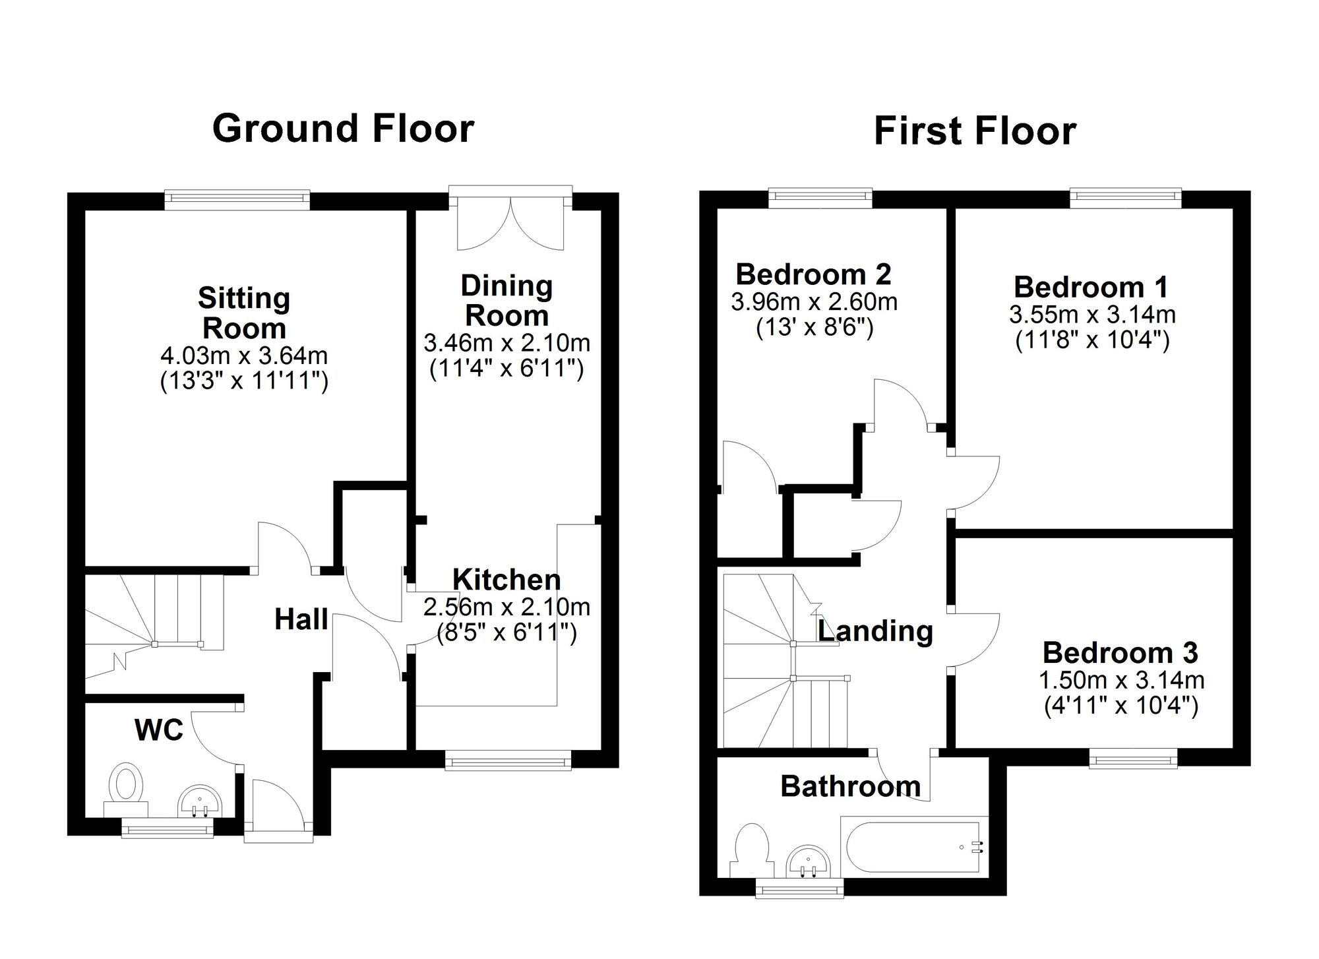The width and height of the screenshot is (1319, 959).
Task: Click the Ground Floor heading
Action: (x=343, y=128)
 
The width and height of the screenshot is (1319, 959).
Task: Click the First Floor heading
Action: (x=975, y=131)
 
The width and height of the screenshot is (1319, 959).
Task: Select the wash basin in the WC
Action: (x=200, y=801)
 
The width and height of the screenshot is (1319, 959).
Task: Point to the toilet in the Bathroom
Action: (x=752, y=850)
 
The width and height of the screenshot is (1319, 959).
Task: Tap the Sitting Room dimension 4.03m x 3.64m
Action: (x=244, y=356)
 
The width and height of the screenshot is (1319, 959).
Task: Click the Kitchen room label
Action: (x=506, y=580)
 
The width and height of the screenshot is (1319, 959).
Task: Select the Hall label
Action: (x=301, y=619)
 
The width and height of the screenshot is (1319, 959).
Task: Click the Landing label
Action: (x=875, y=631)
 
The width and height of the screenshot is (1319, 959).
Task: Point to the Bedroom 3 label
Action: (x=1120, y=653)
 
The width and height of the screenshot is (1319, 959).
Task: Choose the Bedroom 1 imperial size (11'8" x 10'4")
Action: (x=1092, y=340)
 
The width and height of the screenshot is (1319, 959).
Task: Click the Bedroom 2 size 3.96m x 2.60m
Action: (x=814, y=302)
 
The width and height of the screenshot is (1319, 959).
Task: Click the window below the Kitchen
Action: (x=508, y=762)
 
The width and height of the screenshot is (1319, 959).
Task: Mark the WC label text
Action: (x=158, y=730)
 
